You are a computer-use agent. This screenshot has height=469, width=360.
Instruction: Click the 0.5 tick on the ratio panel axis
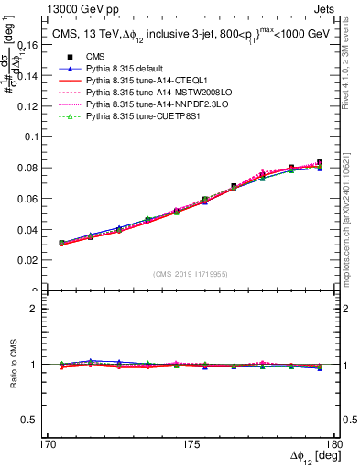click(38, 420)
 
